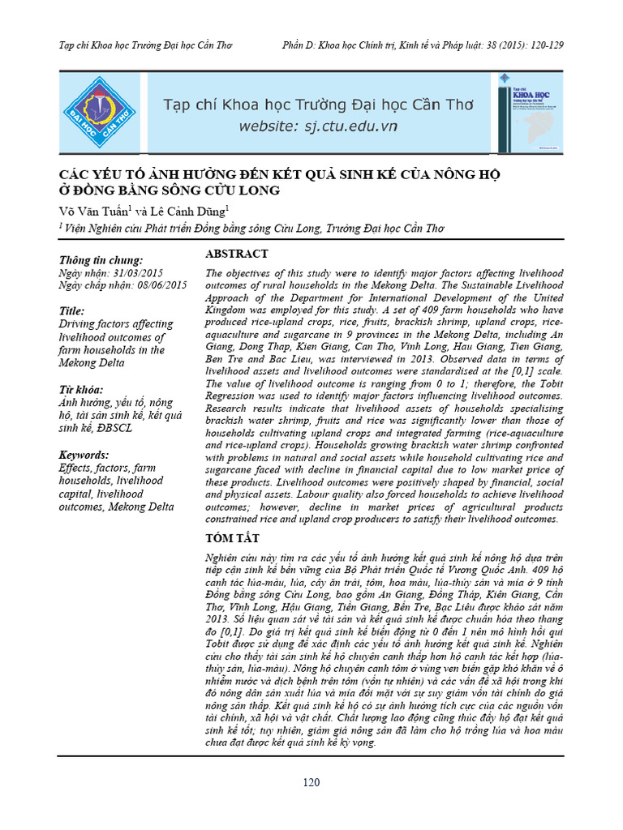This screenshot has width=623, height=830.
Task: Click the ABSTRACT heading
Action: [236, 254]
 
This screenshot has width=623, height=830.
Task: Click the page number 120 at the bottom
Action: [311, 783]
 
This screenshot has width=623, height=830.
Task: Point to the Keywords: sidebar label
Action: [84, 455]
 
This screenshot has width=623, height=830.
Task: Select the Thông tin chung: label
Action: [101, 260]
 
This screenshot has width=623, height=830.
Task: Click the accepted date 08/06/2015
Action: [158, 285]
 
